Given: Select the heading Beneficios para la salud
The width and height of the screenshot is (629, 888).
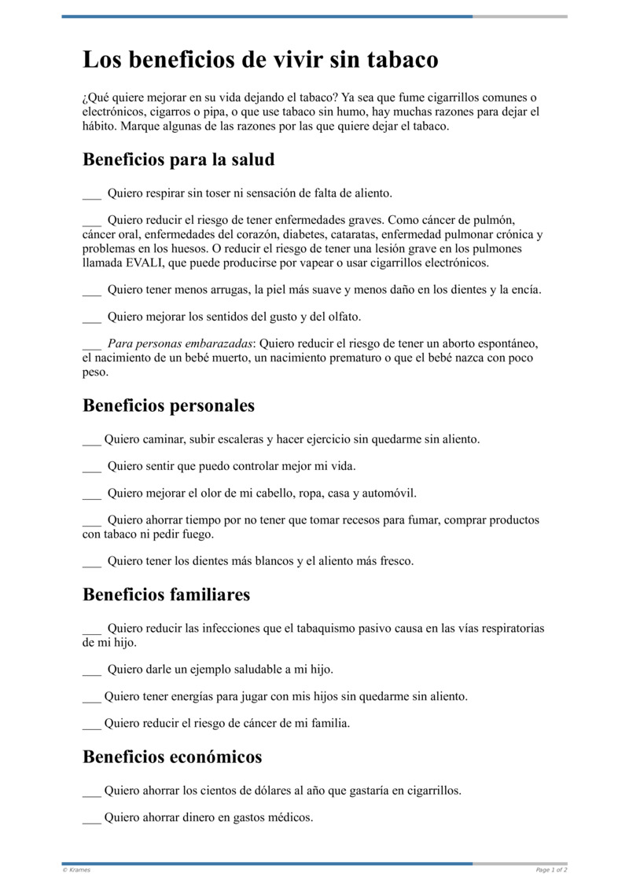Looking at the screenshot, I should (178, 160).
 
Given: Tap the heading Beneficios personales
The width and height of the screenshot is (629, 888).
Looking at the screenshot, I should (168, 405).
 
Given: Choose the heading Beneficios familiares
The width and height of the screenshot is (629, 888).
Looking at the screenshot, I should (166, 595).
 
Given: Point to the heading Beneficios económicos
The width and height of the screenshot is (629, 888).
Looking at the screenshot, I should (172, 758).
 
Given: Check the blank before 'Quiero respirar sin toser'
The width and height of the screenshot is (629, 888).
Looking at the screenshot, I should (91, 193).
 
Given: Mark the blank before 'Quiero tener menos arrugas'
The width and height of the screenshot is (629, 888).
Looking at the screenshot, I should (91, 291).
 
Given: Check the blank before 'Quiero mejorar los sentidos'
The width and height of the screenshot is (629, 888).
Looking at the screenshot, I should (91, 317).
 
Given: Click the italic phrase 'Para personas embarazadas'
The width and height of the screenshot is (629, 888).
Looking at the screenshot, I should (180, 344).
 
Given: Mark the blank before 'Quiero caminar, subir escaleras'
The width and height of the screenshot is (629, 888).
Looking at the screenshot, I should (91, 440).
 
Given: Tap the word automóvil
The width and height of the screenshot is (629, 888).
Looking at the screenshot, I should (389, 494).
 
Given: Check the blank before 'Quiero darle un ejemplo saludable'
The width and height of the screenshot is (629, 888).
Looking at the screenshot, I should (91, 670).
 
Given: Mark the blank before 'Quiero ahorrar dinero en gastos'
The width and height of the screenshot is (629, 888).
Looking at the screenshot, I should (91, 817).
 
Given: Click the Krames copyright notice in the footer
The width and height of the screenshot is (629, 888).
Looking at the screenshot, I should (76, 870).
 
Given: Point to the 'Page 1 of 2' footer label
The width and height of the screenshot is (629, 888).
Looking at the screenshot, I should (551, 870).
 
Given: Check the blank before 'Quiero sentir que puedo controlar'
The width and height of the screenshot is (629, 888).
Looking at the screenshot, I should (91, 467).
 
